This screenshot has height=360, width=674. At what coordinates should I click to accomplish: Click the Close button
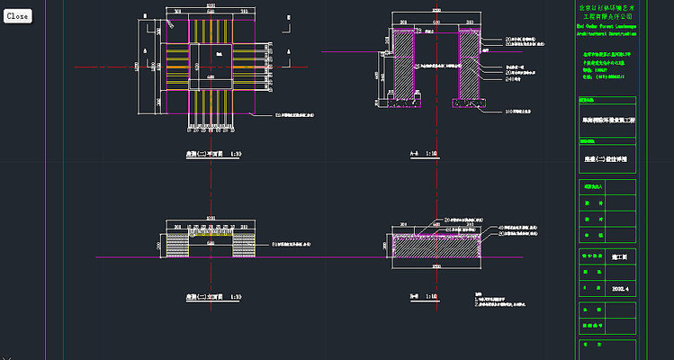pyautogui.click(x=17, y=16)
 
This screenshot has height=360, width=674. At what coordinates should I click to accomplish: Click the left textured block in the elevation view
pyautogui.click(x=177, y=244)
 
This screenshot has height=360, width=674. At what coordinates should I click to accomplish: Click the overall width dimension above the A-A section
pyautogui.click(x=436, y=11)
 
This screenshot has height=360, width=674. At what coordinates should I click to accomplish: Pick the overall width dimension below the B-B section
pyautogui.click(x=436, y=267)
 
